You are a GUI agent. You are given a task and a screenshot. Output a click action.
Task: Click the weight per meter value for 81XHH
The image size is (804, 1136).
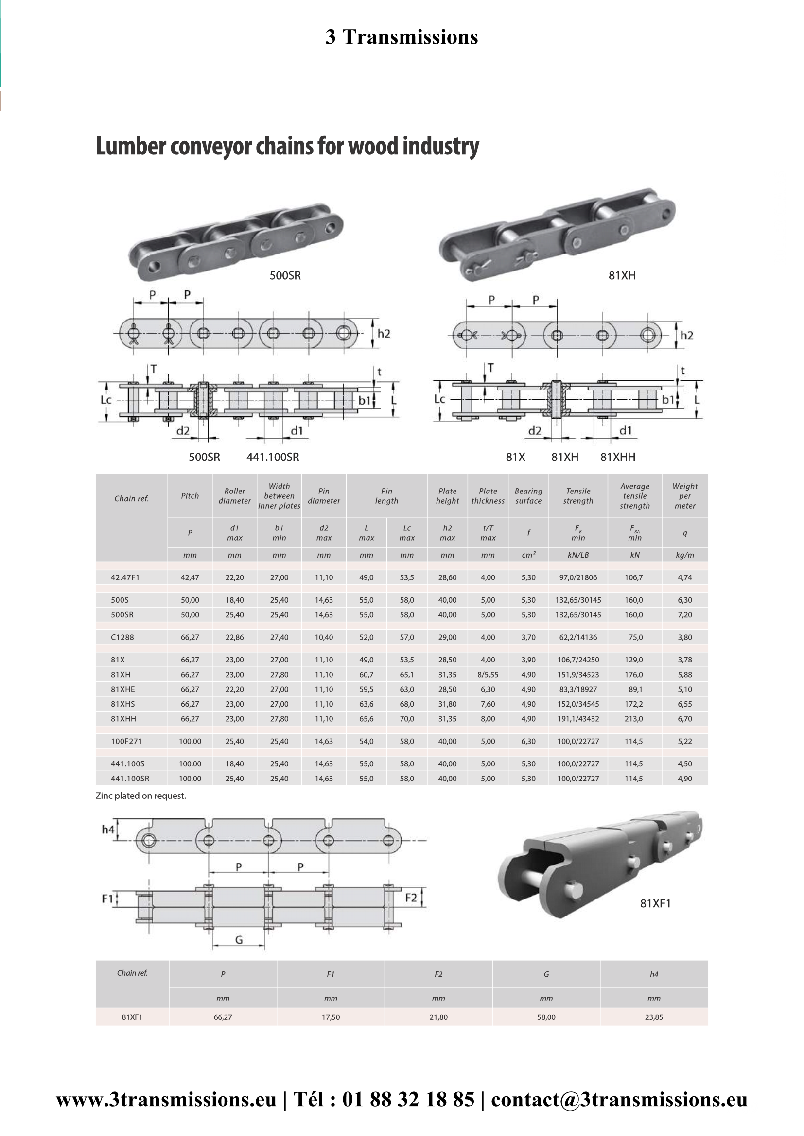click(685, 718)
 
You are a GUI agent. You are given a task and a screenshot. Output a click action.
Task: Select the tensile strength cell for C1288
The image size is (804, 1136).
click(578, 637)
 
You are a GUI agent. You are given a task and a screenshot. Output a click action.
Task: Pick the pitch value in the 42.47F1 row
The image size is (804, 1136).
click(190, 577)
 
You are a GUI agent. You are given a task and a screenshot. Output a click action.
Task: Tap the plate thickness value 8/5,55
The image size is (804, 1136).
click(488, 675)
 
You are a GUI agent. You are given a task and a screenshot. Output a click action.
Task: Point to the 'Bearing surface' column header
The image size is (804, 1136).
click(528, 496)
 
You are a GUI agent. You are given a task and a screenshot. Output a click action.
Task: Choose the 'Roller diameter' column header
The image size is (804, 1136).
click(235, 496)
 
